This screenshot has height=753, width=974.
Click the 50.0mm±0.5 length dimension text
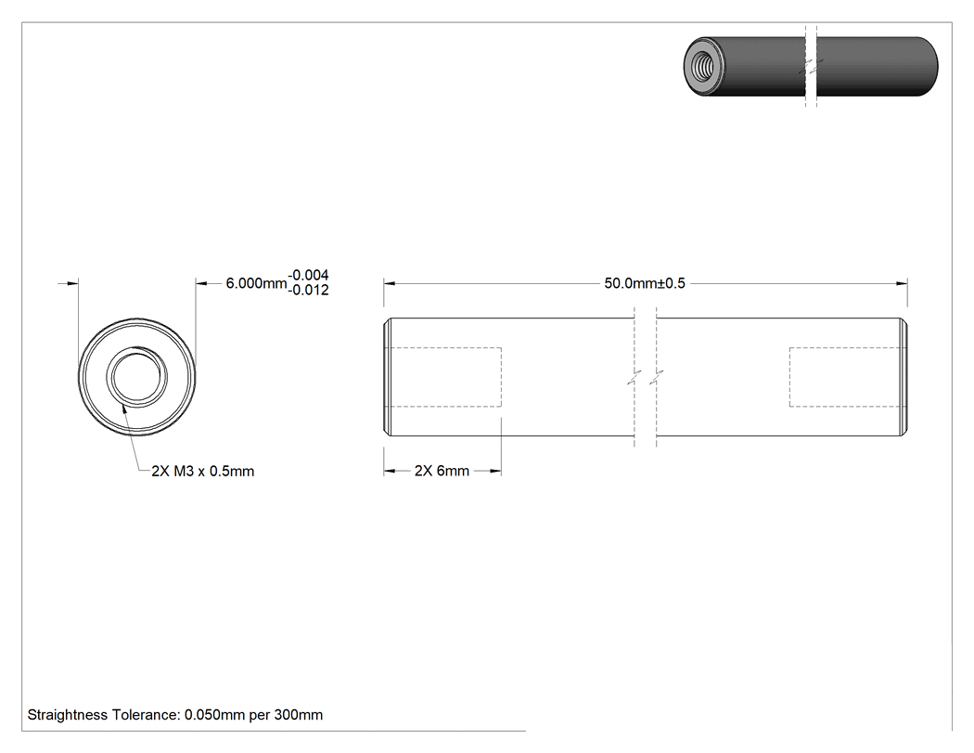(644, 283)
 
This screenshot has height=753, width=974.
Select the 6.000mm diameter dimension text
(256, 283)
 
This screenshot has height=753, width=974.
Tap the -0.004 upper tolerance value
(309, 275)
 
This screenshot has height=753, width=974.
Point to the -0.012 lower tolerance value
(309, 291)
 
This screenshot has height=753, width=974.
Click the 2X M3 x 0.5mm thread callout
(202, 472)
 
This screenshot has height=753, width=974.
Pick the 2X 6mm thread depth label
(442, 472)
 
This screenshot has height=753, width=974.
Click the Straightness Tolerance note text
(175, 715)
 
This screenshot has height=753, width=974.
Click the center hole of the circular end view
(136, 377)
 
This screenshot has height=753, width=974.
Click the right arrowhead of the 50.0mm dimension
(902, 283)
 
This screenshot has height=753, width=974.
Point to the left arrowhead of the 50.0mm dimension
(390, 283)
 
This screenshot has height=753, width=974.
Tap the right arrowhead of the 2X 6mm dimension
(495, 472)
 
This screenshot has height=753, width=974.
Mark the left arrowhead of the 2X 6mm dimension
(390, 472)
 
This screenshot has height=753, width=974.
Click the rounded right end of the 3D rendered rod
(929, 67)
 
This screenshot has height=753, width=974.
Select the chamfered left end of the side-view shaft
(387, 377)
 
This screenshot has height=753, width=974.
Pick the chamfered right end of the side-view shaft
(904, 377)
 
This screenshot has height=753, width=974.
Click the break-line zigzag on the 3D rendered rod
(811, 66)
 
